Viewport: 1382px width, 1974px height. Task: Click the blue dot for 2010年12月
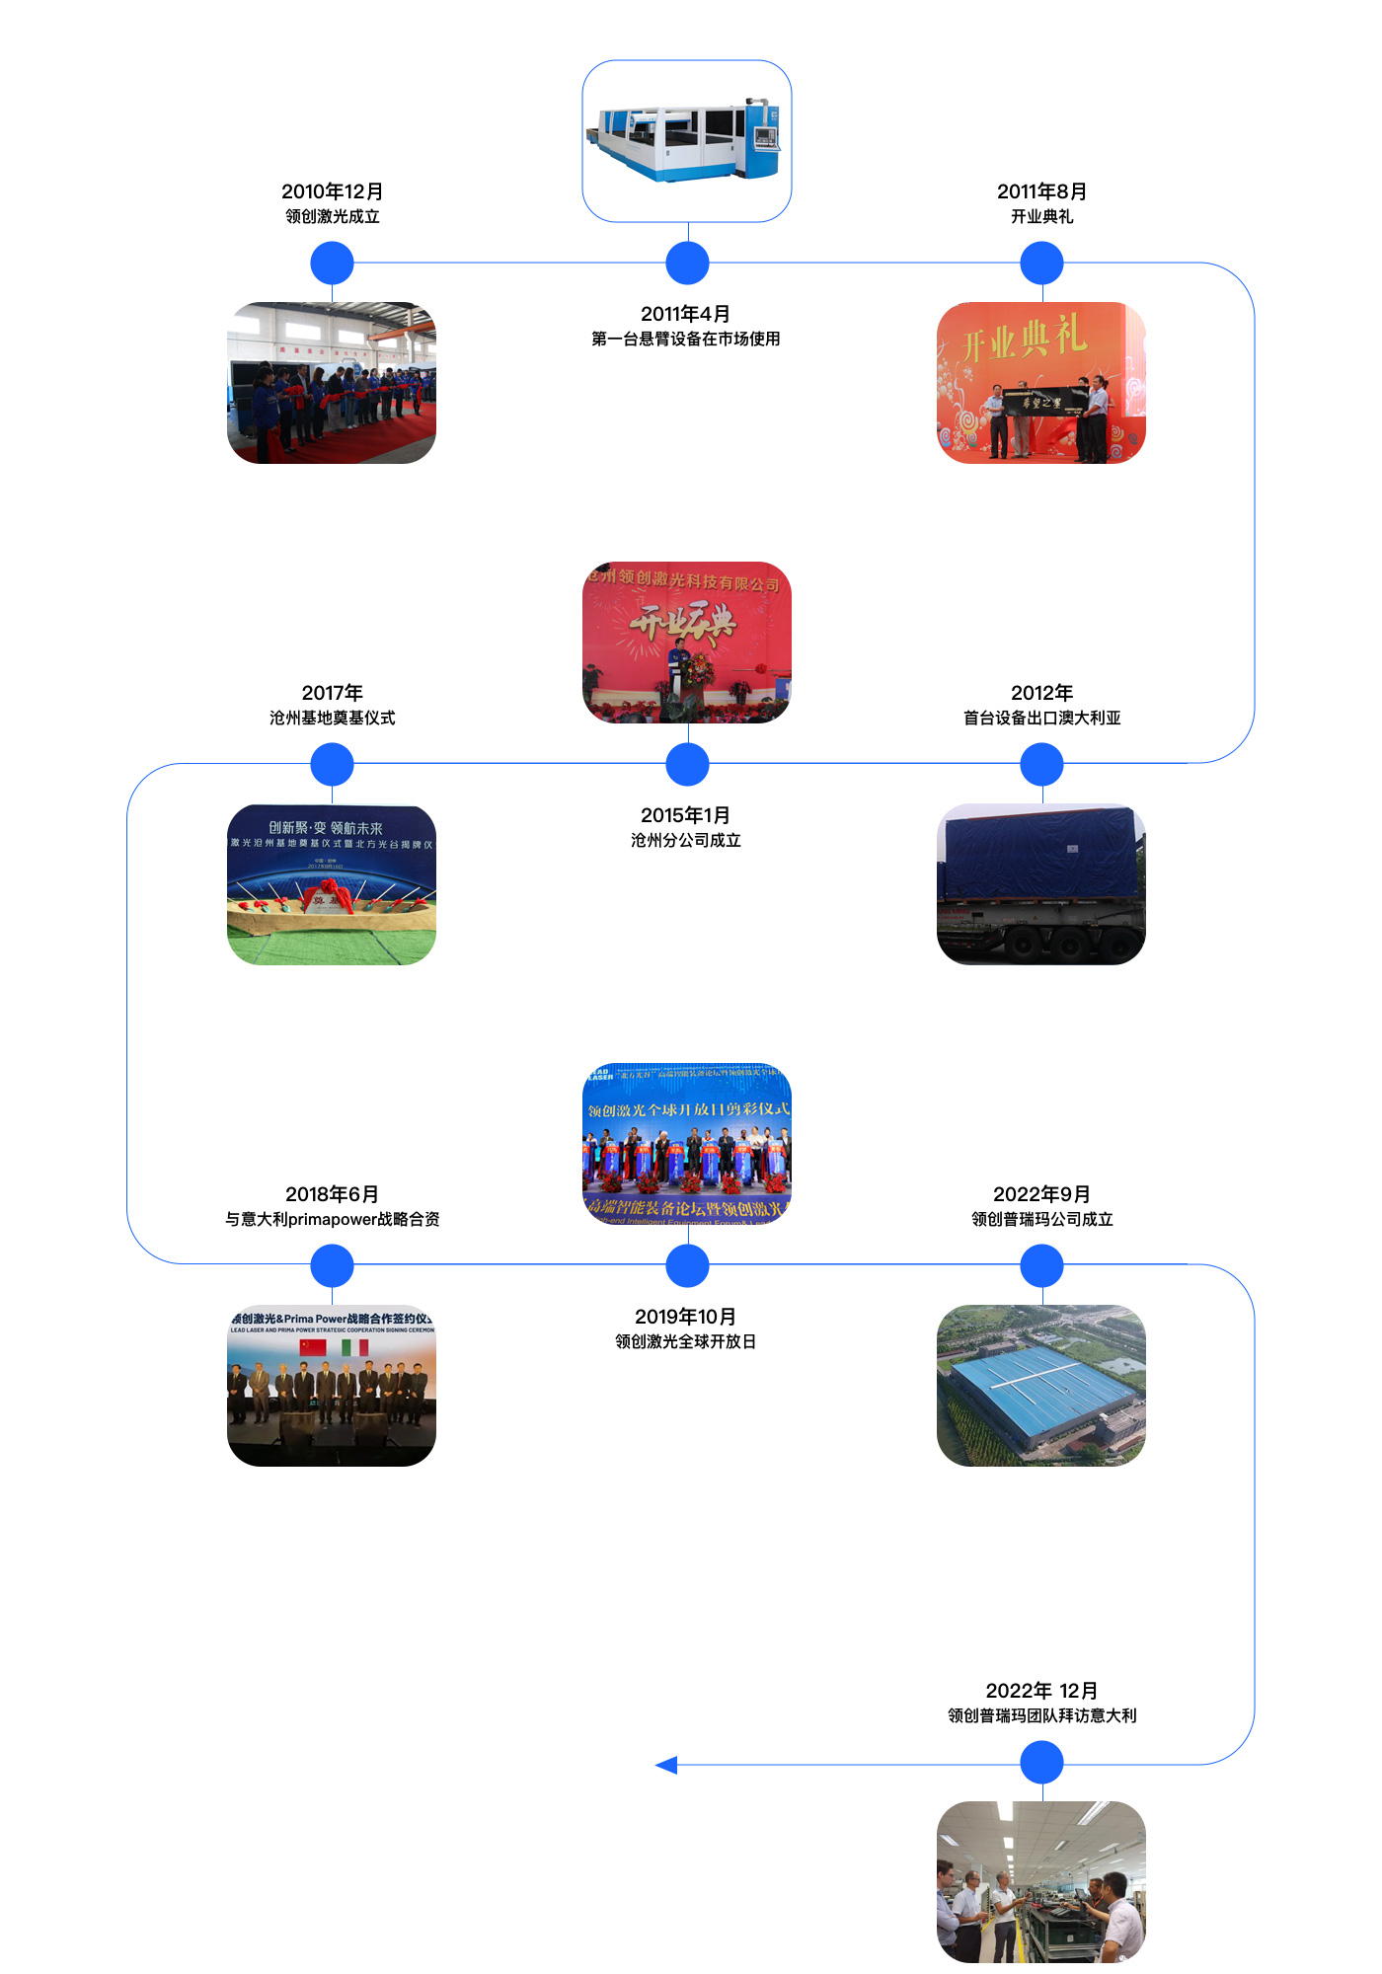click(332, 264)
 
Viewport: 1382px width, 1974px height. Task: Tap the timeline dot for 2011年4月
click(687, 264)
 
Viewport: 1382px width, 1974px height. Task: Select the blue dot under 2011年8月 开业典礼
click(1041, 264)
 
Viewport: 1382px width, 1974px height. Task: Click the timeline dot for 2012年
click(1041, 764)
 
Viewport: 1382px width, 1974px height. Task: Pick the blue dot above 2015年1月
click(687, 764)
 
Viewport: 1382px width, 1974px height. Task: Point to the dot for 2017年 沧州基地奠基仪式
click(332, 764)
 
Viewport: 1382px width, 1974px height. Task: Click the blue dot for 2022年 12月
click(1041, 1763)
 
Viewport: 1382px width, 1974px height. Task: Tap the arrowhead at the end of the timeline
click(666, 1765)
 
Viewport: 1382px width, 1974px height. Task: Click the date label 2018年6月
click(332, 1194)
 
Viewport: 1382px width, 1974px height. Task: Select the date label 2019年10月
click(685, 1317)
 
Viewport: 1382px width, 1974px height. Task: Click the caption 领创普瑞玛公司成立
click(1041, 1219)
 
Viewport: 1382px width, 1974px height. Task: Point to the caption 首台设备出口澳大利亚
click(1041, 718)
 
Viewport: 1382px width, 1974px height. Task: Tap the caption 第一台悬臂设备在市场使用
click(685, 339)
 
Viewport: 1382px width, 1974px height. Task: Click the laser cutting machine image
click(687, 141)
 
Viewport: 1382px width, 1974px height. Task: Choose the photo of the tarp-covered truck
click(1041, 883)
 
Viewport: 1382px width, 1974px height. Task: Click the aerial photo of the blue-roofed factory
click(1041, 1385)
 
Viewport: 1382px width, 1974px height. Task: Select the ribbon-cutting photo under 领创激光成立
click(332, 383)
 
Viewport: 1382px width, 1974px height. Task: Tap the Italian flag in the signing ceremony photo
click(354, 1347)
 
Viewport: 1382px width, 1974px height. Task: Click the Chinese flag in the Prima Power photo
click(313, 1347)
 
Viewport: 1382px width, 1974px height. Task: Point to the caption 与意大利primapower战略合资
click(332, 1219)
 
